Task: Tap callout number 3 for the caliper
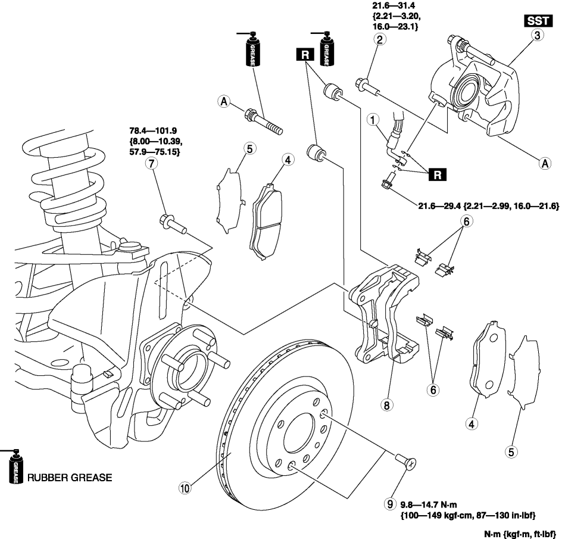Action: (x=537, y=36)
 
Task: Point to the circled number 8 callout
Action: (x=386, y=405)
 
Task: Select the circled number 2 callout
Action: (x=379, y=40)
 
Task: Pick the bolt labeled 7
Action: (x=173, y=224)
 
